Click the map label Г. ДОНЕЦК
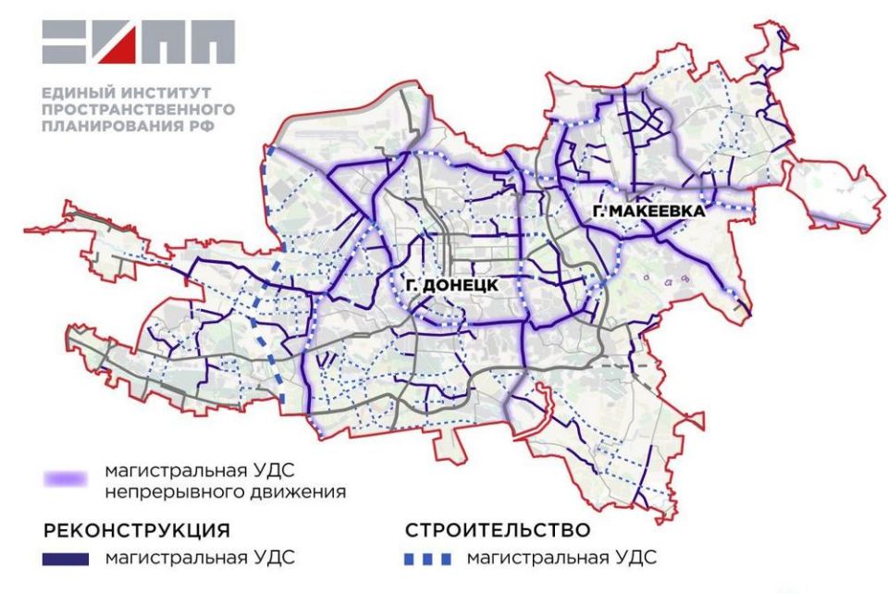click(x=451, y=286)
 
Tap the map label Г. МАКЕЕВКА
click(x=648, y=213)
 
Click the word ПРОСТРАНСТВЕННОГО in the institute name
click(x=138, y=109)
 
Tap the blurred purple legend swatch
click(x=67, y=479)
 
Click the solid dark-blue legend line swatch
click(x=66, y=558)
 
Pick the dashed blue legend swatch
click(x=429, y=558)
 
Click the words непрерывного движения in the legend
click(x=227, y=491)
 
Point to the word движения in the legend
click(x=297, y=491)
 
